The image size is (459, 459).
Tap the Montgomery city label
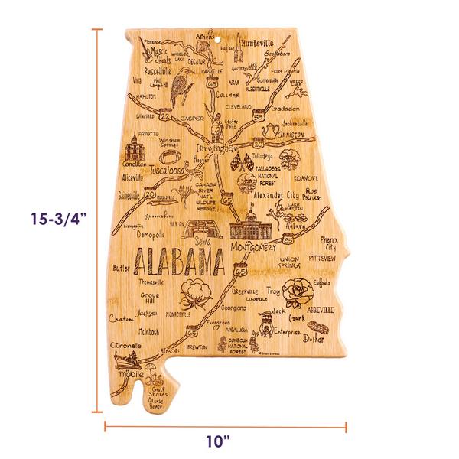256,249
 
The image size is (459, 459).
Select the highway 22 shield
166,115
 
